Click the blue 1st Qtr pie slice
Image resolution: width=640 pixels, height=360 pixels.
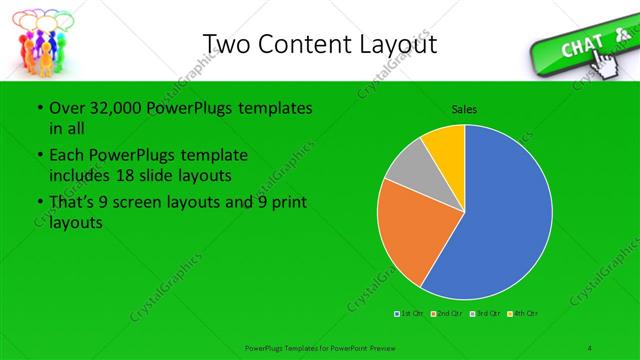click(x=500, y=220)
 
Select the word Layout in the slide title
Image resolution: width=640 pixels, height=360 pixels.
click(x=400, y=44)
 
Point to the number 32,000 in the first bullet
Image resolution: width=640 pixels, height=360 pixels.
click(x=109, y=107)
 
